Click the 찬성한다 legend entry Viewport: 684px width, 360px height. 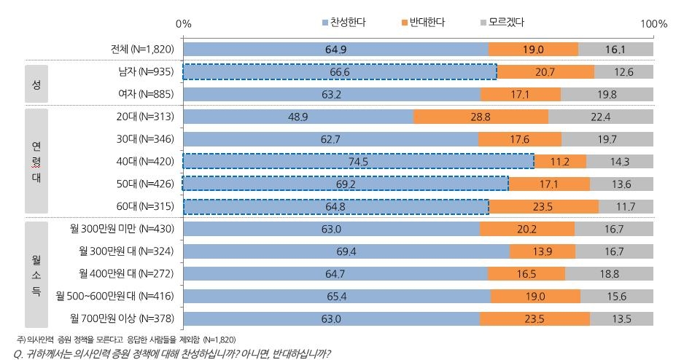pos(344,23)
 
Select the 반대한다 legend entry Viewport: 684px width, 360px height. pos(423,23)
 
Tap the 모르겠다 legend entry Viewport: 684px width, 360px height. pos(502,23)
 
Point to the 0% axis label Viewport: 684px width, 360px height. pos(184,24)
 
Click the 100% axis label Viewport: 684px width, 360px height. pos(653,24)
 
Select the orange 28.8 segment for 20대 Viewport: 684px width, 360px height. pos(481,117)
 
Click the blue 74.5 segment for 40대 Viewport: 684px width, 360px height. pos(358,162)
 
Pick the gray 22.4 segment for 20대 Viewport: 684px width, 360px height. pos(600,117)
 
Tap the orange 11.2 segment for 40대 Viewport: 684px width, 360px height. pos(560,162)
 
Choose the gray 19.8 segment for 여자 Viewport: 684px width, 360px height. pos(607,94)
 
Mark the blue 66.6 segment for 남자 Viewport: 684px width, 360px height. pos(340,71)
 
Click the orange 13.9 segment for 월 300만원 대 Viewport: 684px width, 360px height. pos(542,251)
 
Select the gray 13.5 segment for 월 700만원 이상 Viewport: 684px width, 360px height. pos(621,319)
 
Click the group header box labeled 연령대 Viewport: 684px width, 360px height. pos(36,161)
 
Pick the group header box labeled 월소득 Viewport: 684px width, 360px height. pos(36,274)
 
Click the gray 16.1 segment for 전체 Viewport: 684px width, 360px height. pos(615,49)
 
